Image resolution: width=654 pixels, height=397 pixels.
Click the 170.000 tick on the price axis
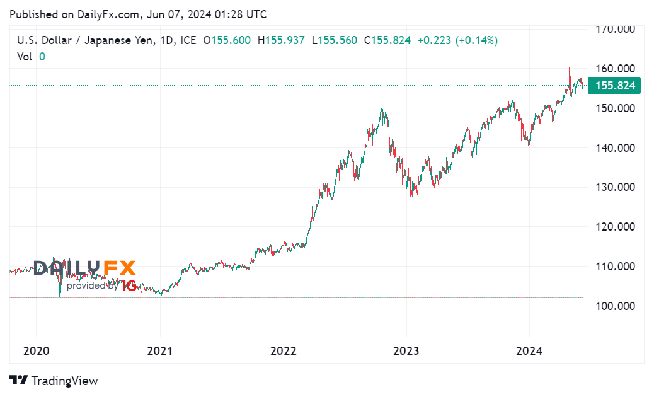pos(617,29)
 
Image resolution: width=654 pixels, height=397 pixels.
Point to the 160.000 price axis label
pos(617,69)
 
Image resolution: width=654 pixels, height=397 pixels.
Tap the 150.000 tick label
pos(617,108)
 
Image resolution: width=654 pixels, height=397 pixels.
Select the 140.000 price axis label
pos(617,148)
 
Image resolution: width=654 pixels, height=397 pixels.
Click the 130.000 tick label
pos(617,187)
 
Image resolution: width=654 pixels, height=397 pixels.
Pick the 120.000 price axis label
pos(617,227)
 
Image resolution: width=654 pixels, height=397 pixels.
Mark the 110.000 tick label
pos(617,267)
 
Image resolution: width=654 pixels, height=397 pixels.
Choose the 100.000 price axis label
pos(617,306)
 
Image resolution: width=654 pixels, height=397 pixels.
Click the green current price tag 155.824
pos(614,86)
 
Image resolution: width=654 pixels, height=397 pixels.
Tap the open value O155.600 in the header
pos(227,40)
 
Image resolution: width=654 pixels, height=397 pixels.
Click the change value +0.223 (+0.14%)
pos(457,40)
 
